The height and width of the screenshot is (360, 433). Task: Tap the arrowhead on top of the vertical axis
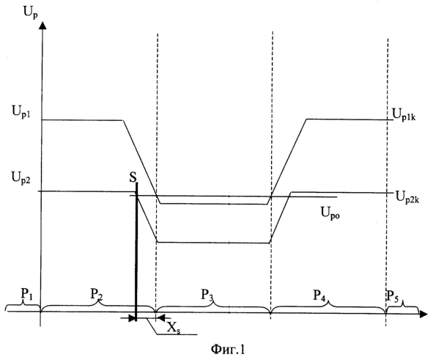(42, 26)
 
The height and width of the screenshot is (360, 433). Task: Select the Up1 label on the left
(21, 112)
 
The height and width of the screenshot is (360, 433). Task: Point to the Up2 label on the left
(21, 178)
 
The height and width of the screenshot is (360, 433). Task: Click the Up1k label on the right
(404, 115)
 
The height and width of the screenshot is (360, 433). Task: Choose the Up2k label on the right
(407, 197)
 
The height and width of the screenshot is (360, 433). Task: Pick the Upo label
(330, 213)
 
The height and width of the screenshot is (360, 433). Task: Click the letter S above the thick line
(133, 177)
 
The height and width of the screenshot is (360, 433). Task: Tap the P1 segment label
(27, 295)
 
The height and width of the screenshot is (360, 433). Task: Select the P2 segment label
(97, 295)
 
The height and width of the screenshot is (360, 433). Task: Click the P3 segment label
(207, 295)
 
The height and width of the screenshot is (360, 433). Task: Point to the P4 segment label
(319, 295)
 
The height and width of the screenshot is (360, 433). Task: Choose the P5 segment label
(393, 296)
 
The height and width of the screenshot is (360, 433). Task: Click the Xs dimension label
(174, 328)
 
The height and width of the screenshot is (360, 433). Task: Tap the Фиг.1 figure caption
(228, 350)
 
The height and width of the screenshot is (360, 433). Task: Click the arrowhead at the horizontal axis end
(423, 314)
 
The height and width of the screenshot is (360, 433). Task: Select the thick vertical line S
(136, 251)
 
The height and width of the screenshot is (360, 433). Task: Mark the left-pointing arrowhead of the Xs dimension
(160, 317)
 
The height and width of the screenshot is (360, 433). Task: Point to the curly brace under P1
(23, 306)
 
